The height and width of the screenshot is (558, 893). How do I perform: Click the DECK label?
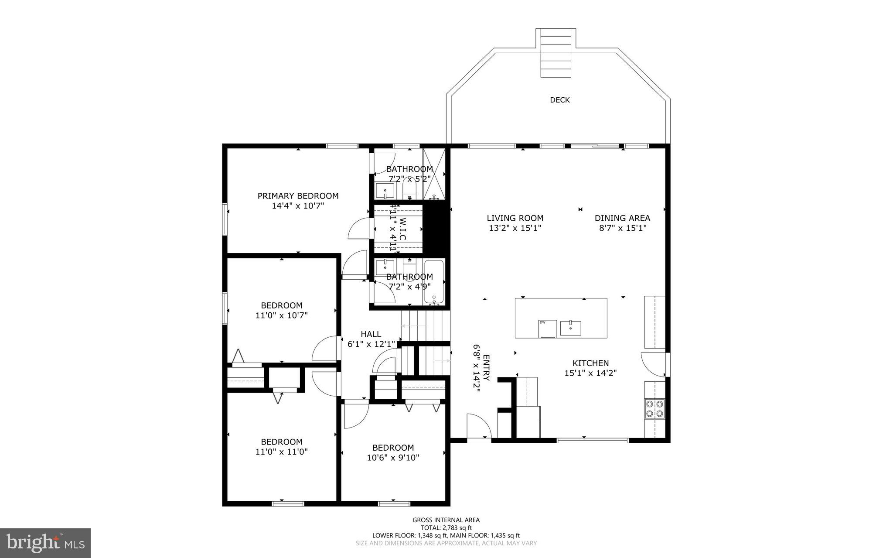559,100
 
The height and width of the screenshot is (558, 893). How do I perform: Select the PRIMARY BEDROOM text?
298,196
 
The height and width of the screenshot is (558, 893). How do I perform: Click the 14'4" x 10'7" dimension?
298,206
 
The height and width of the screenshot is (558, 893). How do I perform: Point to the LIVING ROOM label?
515,218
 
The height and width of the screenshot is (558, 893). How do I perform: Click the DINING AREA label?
622,218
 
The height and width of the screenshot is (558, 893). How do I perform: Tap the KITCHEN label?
590,363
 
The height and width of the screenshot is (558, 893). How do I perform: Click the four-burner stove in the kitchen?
654,409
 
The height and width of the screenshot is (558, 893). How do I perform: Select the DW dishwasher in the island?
548,329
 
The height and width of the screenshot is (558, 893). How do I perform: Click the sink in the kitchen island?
570,328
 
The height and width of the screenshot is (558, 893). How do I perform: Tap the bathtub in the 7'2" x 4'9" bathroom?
434,282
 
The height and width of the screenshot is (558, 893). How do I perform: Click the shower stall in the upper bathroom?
434,174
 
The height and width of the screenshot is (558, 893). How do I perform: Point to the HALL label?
371,334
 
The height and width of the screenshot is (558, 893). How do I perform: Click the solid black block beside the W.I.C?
436,229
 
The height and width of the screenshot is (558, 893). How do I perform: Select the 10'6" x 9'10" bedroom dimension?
393,458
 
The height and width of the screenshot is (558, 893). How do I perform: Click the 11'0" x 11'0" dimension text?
282,452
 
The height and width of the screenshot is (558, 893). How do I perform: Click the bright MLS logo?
45,543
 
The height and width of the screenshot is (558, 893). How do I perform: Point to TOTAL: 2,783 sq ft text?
446,527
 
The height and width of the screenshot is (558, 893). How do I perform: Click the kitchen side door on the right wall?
654,365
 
